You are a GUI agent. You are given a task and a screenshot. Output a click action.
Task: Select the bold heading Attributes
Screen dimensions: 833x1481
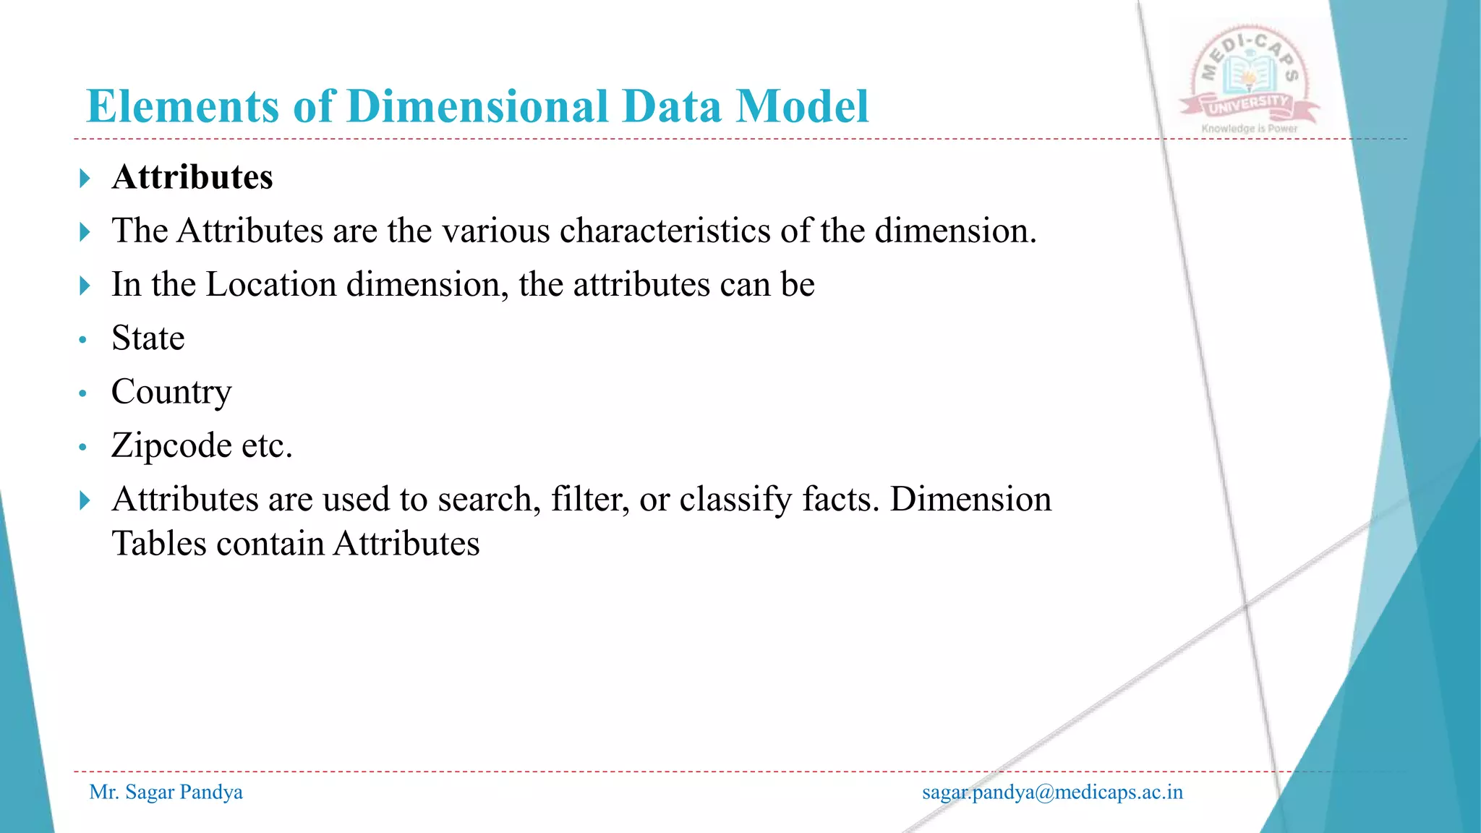(x=192, y=177)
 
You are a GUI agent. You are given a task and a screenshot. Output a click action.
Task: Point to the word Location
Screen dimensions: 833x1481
(x=271, y=284)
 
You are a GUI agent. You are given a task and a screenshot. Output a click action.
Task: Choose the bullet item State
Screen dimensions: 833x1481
(x=148, y=338)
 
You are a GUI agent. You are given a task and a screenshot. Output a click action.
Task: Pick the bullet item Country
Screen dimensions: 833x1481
(x=171, y=392)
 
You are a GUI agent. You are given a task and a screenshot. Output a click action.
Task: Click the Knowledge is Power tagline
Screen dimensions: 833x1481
(x=1249, y=129)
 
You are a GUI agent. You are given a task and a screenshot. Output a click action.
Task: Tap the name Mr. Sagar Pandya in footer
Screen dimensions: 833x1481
(x=166, y=793)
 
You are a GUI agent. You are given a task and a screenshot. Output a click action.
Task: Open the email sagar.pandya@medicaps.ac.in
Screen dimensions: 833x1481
(x=1052, y=793)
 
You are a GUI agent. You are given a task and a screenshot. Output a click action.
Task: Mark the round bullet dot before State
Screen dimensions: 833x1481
(x=83, y=340)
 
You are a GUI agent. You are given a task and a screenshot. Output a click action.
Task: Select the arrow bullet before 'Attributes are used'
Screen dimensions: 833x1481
(x=85, y=500)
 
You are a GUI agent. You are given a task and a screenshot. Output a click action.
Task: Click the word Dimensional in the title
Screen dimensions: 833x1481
(x=477, y=106)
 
